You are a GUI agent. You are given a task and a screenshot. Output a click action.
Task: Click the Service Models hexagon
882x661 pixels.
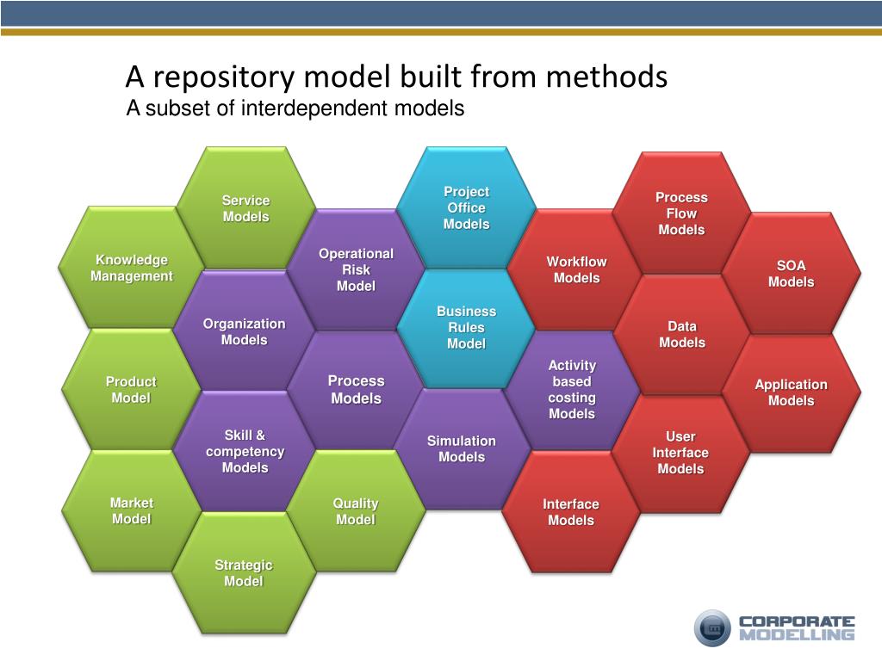[x=246, y=208]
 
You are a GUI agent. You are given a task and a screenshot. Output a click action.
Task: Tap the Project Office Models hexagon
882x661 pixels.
[x=466, y=207]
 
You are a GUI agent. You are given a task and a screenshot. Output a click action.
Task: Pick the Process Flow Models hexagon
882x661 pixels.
[x=681, y=213]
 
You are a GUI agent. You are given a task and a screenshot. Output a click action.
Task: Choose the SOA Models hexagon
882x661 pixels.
[x=791, y=274]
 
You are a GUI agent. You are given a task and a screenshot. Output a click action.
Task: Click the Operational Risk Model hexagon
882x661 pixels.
[x=356, y=269]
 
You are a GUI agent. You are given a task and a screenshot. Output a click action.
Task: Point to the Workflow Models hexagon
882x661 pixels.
[x=576, y=269]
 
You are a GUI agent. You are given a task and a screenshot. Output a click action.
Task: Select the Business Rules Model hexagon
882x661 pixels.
[x=466, y=327]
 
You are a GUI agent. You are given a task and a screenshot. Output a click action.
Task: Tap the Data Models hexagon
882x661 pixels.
[x=681, y=334]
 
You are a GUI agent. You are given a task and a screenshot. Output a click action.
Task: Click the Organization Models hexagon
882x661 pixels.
[x=245, y=331]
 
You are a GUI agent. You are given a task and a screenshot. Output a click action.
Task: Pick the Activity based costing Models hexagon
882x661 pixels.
[x=572, y=390]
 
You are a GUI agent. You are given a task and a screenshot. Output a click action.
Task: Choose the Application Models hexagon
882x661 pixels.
[x=791, y=392]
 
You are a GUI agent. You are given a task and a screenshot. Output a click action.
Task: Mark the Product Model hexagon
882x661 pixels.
[x=131, y=389]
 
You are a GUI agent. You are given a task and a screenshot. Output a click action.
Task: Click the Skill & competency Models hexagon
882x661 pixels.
[x=245, y=451]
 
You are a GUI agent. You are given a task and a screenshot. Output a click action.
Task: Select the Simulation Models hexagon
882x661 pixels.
[x=462, y=448]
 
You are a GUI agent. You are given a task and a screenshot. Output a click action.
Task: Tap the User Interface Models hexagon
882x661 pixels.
[x=680, y=453]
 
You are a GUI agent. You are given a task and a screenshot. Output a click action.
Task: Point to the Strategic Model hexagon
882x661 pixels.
[x=244, y=572]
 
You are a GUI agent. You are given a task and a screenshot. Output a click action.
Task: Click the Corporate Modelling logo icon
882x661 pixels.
[x=712, y=627]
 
